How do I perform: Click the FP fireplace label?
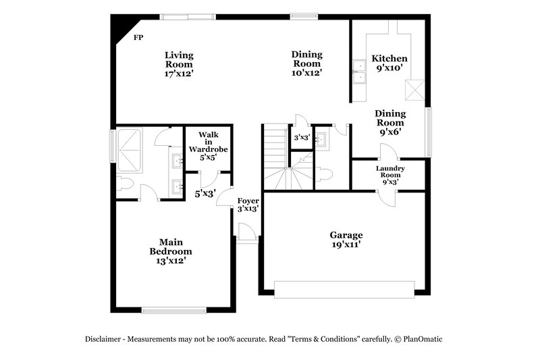tap(138, 37)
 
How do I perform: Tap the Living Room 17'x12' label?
tap(180, 63)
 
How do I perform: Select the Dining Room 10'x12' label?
tap(306, 63)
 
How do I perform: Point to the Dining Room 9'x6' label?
tap(389, 123)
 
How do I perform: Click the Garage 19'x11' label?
tap(346, 240)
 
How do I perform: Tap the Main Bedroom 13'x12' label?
tap(171, 250)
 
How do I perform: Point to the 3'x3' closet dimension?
tap(300, 138)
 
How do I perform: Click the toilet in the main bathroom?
tap(126, 183)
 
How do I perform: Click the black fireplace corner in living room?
tap(119, 26)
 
